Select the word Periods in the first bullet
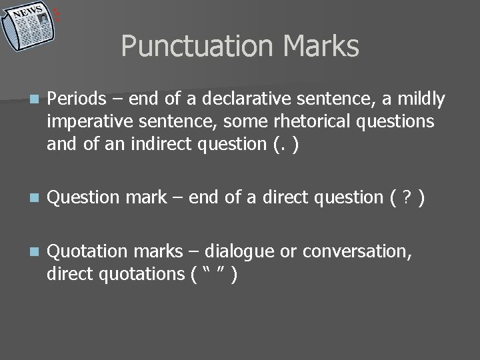(77, 99)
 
